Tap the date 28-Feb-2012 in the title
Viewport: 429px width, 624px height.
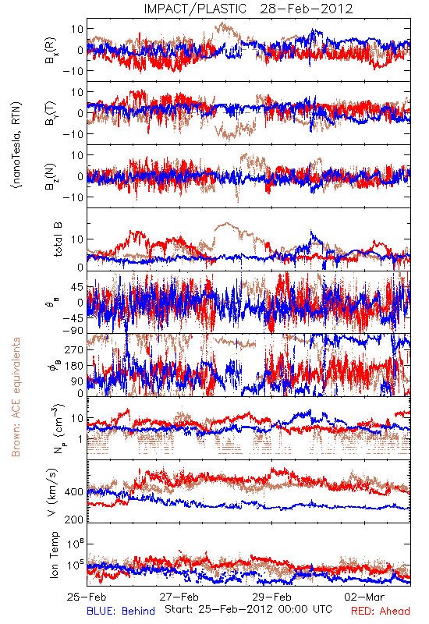[x=307, y=9]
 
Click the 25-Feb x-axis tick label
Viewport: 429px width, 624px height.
[x=87, y=597]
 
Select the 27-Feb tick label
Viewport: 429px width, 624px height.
[x=179, y=597]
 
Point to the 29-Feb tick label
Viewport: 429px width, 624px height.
[x=271, y=597]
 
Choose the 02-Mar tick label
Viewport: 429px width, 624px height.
[x=364, y=597]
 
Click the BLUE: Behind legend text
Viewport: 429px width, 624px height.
[x=121, y=611]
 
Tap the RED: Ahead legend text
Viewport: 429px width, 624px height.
[x=381, y=611]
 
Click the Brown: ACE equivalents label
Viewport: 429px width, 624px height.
[x=16, y=397]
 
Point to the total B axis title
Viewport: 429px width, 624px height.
[x=58, y=239]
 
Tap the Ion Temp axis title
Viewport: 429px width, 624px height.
[x=54, y=555]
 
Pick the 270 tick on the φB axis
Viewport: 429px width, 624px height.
[x=74, y=349]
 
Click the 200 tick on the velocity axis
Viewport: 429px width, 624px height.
[x=74, y=519]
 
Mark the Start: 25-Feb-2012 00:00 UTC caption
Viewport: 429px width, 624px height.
[x=248, y=609]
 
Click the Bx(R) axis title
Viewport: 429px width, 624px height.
[x=51, y=51]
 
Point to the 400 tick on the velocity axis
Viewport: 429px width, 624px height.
[x=74, y=492]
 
